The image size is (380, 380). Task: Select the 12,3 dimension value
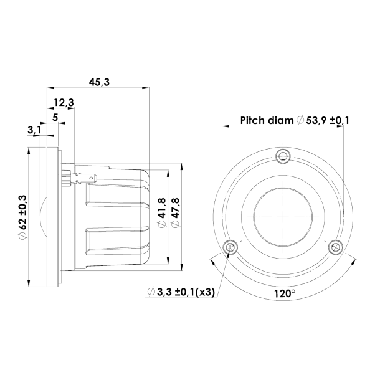coord(64,102)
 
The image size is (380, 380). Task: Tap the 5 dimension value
coord(55,116)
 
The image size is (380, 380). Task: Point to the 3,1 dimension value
coord(35,130)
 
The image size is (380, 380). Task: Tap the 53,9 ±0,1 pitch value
coord(327,120)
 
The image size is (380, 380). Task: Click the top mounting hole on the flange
coord(283,155)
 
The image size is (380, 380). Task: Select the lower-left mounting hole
coord(231,247)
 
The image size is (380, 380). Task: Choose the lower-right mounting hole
coord(336,247)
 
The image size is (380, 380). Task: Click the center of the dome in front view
coord(283,216)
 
